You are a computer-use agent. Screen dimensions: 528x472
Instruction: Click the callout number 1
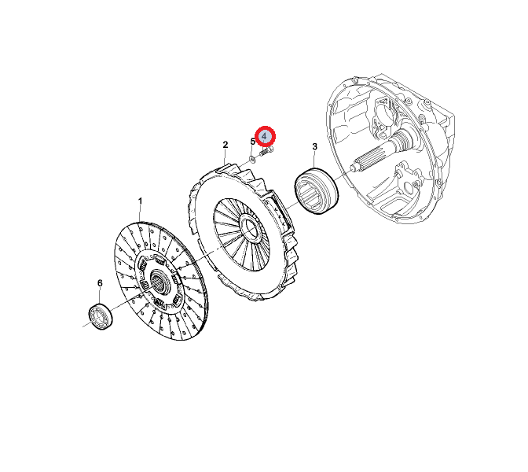pyautogui.click(x=140, y=201)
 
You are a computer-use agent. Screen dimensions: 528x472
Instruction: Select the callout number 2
pyautogui.click(x=225, y=145)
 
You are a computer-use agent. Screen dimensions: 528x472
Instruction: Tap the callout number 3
pyautogui.click(x=314, y=146)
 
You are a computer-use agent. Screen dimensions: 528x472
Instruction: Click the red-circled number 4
pyautogui.click(x=265, y=137)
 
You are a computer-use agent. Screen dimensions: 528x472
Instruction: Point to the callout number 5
pyautogui.click(x=252, y=142)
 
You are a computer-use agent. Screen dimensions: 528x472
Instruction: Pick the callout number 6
pyautogui.click(x=100, y=283)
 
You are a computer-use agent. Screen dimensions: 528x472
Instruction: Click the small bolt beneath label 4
pyautogui.click(x=266, y=152)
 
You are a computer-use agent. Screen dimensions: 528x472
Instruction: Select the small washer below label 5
pyautogui.click(x=251, y=158)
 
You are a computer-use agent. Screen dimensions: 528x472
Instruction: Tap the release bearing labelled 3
pyautogui.click(x=316, y=191)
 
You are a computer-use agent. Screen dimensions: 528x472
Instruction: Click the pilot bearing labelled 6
pyautogui.click(x=101, y=316)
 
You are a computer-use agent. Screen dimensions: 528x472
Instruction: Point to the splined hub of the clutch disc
pyautogui.click(x=157, y=282)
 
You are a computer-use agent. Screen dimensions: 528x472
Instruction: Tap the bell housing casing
pyautogui.click(x=390, y=149)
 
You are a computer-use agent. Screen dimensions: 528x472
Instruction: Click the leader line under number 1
pyautogui.click(x=141, y=214)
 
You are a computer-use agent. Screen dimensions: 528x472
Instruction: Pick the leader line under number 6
pyautogui.click(x=100, y=296)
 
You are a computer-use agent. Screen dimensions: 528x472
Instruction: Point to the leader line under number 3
pyautogui.click(x=314, y=159)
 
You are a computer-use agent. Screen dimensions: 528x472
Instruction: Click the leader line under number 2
pyautogui.click(x=225, y=157)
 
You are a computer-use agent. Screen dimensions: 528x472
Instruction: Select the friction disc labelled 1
pyautogui.click(x=161, y=281)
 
